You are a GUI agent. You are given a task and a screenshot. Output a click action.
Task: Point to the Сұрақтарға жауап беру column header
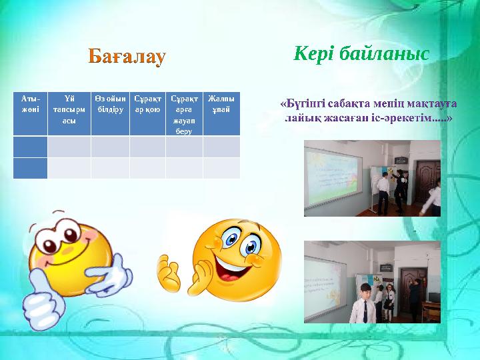pyautogui.click(x=183, y=113)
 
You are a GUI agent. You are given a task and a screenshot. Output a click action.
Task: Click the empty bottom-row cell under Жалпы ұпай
pyautogui.click(x=221, y=168)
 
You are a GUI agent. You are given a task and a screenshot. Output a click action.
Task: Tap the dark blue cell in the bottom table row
pyautogui.click(x=30, y=168)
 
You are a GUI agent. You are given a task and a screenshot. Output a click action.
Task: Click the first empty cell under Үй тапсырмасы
pyautogui.click(x=69, y=147)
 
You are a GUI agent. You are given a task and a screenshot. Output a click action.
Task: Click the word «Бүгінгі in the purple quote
pyautogui.click(x=301, y=105)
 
